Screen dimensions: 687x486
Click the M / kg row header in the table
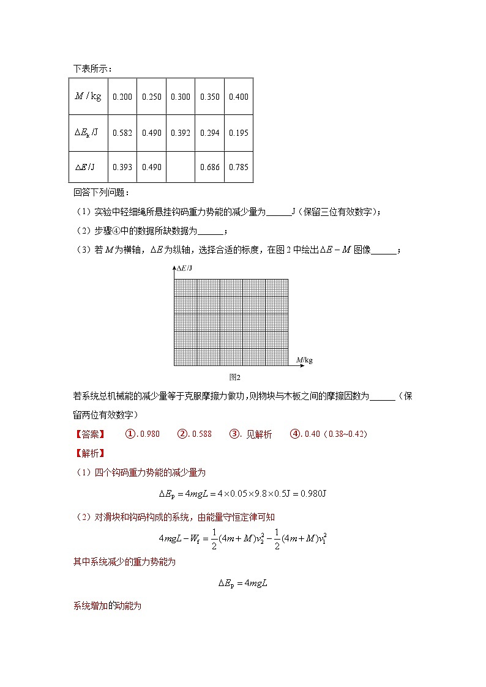click(x=88, y=97)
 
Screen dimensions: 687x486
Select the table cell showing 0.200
click(x=122, y=97)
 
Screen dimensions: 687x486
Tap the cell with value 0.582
click(x=122, y=133)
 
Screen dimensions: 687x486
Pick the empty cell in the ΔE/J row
click(x=181, y=167)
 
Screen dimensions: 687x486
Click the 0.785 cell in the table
click(x=239, y=167)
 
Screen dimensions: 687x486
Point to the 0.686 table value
click(x=210, y=167)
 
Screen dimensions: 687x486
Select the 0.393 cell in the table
click(x=122, y=167)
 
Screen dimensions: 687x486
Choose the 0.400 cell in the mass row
click(x=239, y=97)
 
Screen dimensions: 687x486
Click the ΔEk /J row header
click(x=88, y=133)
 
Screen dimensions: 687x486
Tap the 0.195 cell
click(x=239, y=133)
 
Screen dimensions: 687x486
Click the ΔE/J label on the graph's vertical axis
click(x=184, y=269)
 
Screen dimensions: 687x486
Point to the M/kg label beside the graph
click(x=304, y=360)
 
